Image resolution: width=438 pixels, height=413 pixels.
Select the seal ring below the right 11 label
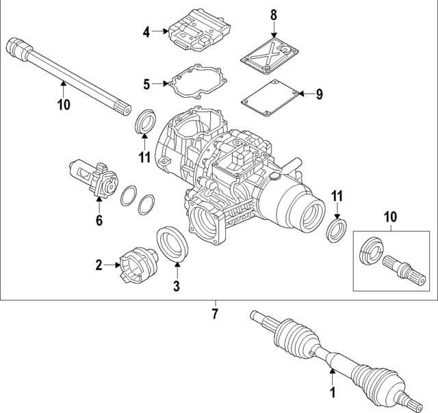click(335, 230)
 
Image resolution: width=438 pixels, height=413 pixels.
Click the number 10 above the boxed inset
click(389, 217)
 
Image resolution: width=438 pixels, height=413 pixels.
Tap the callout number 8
click(274, 14)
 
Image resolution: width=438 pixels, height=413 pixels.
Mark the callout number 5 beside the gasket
click(146, 85)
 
